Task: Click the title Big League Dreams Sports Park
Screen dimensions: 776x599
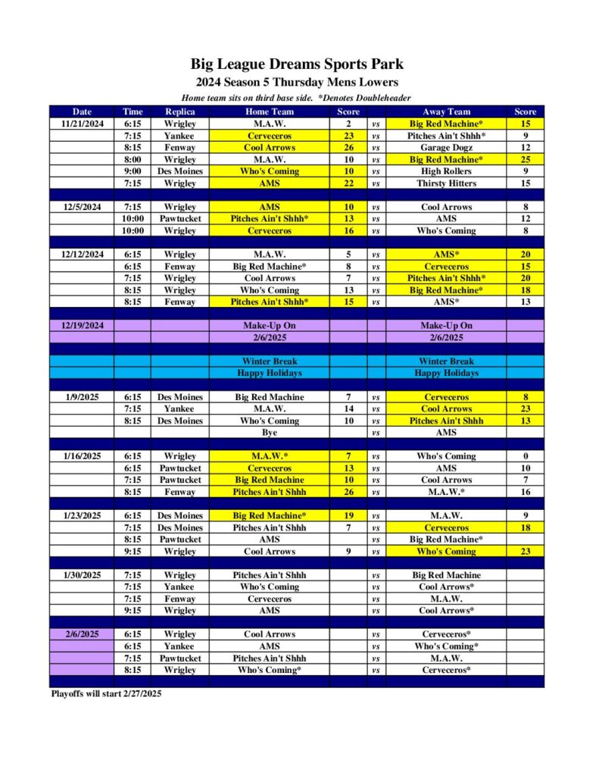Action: point(297,64)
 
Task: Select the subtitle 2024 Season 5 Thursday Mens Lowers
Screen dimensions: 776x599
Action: point(297,82)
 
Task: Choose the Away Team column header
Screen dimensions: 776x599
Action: point(446,111)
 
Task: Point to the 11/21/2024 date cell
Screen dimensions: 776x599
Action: point(82,124)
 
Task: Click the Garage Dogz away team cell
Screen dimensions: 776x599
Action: point(446,148)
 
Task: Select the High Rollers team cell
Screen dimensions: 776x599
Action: point(446,171)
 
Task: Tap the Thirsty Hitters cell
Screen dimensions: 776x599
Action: point(446,183)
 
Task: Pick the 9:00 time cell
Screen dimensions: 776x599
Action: point(132,171)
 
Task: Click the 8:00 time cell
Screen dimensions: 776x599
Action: point(132,160)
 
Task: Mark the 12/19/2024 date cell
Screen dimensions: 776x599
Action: point(82,325)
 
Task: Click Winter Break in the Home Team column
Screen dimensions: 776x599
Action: point(269,361)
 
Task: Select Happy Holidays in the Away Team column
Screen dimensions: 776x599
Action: point(446,373)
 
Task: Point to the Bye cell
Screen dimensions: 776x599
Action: point(269,433)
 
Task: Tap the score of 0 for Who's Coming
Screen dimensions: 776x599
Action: point(525,456)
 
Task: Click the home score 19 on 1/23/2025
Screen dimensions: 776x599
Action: point(348,515)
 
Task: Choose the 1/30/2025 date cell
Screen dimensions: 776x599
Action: point(82,575)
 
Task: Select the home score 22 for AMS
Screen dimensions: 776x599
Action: point(348,183)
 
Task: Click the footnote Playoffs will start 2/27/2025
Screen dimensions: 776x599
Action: point(105,693)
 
